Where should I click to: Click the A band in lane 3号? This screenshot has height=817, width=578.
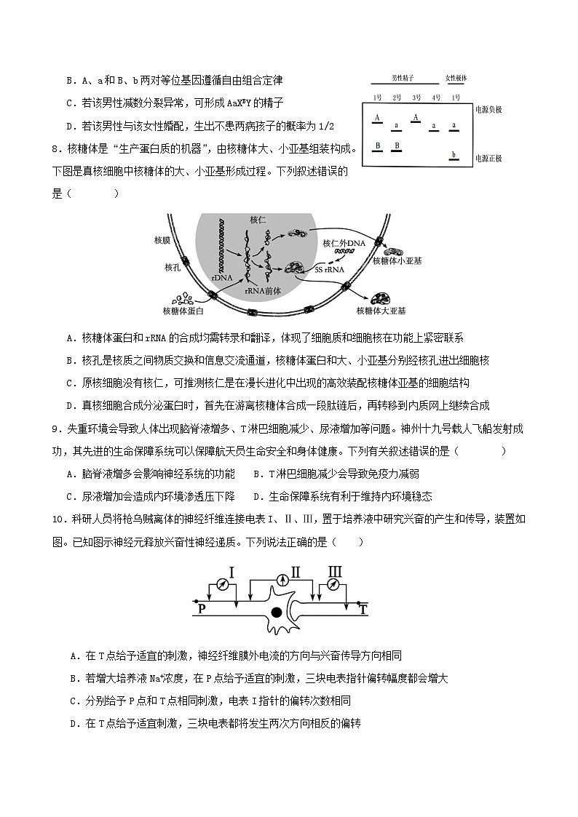pyautogui.click(x=416, y=117)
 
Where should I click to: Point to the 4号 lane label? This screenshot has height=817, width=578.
pyautogui.click(x=435, y=97)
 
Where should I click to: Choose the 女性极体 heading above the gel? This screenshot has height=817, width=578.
pyautogui.click(x=456, y=78)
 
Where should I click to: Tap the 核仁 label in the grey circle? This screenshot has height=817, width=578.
pyautogui.click(x=258, y=220)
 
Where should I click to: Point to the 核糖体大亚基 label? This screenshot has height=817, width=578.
pyautogui.click(x=381, y=310)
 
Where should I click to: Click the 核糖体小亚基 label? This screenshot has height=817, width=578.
pyautogui.click(x=395, y=260)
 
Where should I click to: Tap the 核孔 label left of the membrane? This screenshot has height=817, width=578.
pyautogui.click(x=173, y=267)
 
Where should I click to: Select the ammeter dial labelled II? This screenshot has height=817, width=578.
pyautogui.click(x=280, y=573)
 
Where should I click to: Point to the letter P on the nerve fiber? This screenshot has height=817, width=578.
pyautogui.click(x=202, y=610)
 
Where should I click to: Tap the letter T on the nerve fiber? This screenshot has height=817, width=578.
pyautogui.click(x=363, y=610)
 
